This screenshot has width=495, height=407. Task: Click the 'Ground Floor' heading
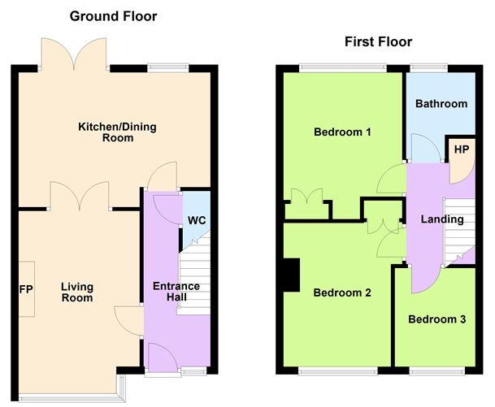113,16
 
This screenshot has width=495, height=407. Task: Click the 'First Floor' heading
378,41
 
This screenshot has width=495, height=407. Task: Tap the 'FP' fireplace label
26,289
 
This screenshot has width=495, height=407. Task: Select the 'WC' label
197,220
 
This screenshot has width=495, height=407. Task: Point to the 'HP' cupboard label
462,149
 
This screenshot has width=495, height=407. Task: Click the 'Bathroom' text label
441,104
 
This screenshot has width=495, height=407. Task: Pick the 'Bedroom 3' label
436,319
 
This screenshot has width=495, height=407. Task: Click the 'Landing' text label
442,219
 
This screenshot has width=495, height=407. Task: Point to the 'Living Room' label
77,292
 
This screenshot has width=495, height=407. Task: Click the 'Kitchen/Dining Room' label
105,132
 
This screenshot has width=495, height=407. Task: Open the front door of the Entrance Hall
160,357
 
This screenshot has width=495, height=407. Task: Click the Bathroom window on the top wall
428,68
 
